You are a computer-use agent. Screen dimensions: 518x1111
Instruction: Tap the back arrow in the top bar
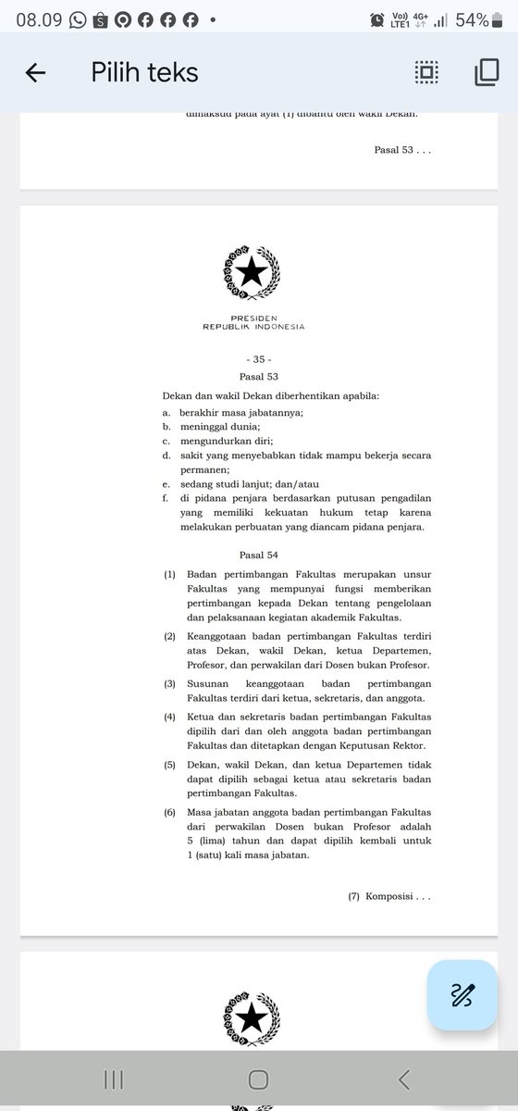point(35,73)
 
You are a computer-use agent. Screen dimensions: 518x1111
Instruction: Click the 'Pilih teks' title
point(144,72)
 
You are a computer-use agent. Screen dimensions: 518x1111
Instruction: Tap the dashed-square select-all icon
point(426,73)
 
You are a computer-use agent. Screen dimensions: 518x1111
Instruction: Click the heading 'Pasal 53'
point(258,376)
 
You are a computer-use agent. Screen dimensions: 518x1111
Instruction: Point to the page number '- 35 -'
point(259,357)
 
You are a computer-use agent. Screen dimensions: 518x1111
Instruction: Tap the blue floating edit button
point(462,995)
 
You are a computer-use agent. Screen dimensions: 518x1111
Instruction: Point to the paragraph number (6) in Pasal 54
point(170,812)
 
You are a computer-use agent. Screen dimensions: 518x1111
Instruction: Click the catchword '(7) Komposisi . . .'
point(389,896)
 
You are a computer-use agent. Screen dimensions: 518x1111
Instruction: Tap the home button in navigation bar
point(259,1080)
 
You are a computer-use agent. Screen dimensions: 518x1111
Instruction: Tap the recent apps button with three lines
point(114,1080)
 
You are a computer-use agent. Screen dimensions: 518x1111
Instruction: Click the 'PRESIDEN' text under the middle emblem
point(253,318)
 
